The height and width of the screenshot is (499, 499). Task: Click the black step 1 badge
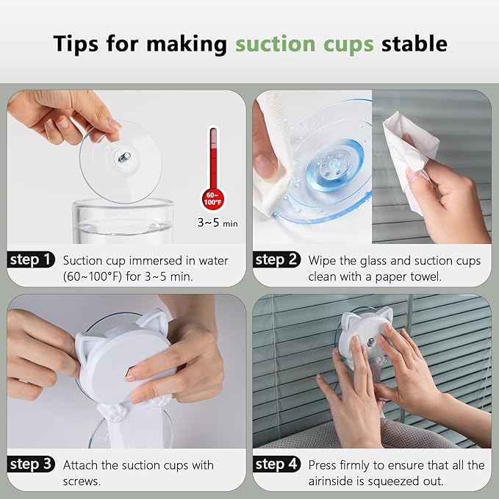[31, 259]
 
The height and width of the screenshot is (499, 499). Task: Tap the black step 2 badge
[276, 259]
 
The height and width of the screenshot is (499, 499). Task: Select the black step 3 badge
[31, 464]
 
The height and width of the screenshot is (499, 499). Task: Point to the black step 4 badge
[276, 464]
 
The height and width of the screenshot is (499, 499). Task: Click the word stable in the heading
[414, 43]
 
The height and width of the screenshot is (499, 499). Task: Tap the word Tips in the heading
[76, 44]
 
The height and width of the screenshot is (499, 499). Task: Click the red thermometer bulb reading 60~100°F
[213, 199]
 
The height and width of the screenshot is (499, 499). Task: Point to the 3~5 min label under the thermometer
[218, 223]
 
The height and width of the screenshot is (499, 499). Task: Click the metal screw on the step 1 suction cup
[123, 157]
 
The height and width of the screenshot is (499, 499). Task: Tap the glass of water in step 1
[123, 221]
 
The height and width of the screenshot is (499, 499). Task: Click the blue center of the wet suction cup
[334, 165]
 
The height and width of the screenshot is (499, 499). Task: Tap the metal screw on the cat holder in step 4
[370, 342]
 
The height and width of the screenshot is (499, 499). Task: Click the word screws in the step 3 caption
[82, 481]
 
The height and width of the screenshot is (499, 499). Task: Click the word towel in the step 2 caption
[426, 276]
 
